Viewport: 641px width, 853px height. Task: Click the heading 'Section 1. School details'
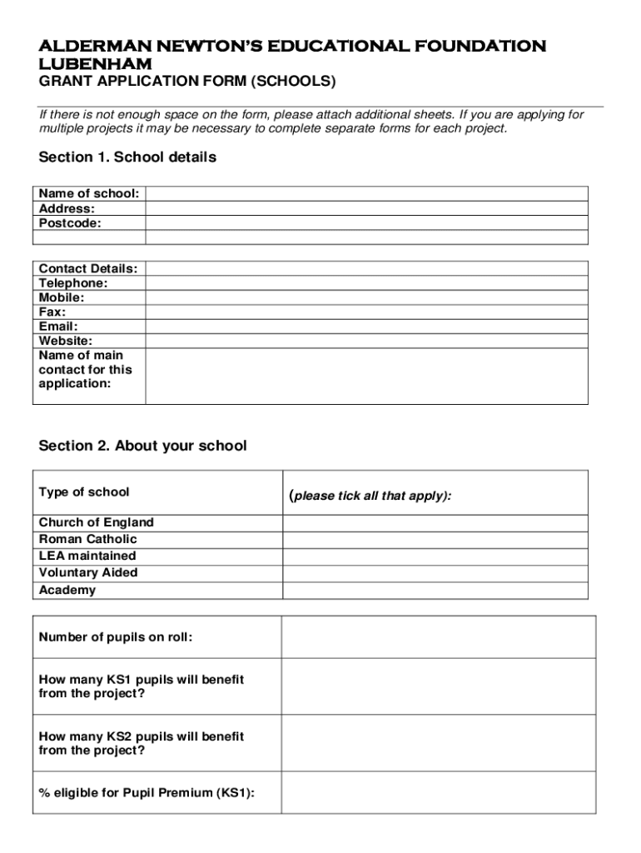click(x=127, y=157)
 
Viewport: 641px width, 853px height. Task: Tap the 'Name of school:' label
click(x=89, y=193)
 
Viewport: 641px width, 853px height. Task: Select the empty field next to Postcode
click(x=366, y=223)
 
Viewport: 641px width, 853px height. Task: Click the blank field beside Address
click(x=366, y=208)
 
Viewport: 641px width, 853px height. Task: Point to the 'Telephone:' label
click(x=73, y=283)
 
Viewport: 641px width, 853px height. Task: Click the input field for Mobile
click(x=366, y=297)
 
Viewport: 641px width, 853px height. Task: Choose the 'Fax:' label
click(x=52, y=312)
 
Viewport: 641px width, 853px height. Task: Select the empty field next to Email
click(x=366, y=327)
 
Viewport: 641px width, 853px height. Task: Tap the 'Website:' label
click(x=66, y=341)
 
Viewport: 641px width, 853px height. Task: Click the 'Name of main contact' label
click(x=85, y=369)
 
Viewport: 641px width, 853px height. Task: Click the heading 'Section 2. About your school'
click(x=142, y=446)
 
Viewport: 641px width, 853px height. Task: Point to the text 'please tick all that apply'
click(x=370, y=496)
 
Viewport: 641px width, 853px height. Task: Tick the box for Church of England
click(x=435, y=522)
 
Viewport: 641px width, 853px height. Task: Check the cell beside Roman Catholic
click(x=435, y=539)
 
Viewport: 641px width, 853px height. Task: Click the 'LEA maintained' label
click(x=87, y=556)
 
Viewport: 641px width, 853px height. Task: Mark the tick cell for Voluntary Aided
click(x=435, y=573)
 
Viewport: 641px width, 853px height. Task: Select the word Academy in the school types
click(x=67, y=590)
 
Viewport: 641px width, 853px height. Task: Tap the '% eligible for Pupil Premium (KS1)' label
click(x=147, y=792)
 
